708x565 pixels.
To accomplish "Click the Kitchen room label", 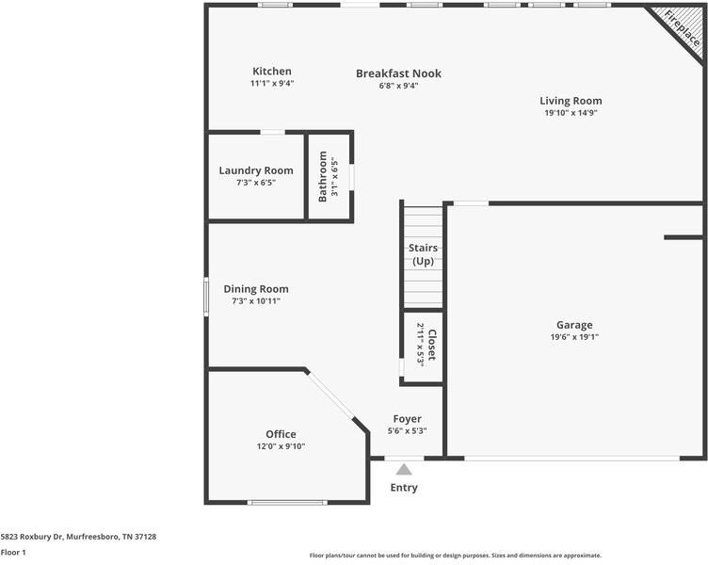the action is tap(272, 72).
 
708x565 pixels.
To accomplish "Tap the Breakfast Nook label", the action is tap(398, 73).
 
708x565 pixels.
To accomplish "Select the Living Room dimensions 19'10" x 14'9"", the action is tap(571, 113).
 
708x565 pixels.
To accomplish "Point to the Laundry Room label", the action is tap(256, 170).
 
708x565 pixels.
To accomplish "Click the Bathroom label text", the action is tap(322, 177).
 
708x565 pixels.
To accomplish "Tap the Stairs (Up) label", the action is tap(423, 254).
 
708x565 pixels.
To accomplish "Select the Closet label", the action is tap(431, 345).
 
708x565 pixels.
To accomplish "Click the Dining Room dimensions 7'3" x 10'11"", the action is tap(256, 301).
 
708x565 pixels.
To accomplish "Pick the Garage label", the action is tap(574, 325).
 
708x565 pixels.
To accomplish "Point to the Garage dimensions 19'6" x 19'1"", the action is tap(574, 337).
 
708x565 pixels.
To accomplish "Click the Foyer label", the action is tap(408, 419).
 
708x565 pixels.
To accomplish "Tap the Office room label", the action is tap(281, 434).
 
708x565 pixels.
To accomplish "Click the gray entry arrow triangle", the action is tap(404, 470).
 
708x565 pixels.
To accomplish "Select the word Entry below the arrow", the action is tap(404, 488).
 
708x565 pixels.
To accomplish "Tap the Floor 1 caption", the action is tap(13, 553).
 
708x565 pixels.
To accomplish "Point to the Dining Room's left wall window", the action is tap(206, 297).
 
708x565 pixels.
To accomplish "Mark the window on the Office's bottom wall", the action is tap(287, 502).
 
